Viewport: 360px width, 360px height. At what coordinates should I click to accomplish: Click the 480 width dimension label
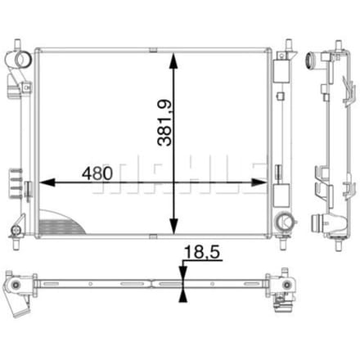click(x=97, y=173)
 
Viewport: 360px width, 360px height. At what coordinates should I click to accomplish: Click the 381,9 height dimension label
click(x=164, y=123)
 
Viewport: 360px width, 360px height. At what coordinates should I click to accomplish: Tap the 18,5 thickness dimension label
click(x=202, y=252)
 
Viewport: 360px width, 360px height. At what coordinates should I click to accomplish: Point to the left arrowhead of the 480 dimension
click(x=47, y=182)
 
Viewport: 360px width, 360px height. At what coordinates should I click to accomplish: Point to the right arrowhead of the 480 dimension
click(x=259, y=182)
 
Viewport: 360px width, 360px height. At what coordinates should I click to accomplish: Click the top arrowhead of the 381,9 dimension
click(x=173, y=61)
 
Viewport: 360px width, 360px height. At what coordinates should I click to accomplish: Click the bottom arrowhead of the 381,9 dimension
click(x=173, y=227)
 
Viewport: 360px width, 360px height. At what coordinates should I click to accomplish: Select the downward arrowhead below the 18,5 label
click(x=183, y=274)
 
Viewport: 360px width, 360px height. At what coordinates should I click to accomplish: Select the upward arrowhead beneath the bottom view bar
click(x=183, y=295)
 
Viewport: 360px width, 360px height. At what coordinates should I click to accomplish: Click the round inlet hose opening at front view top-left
click(x=23, y=59)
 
